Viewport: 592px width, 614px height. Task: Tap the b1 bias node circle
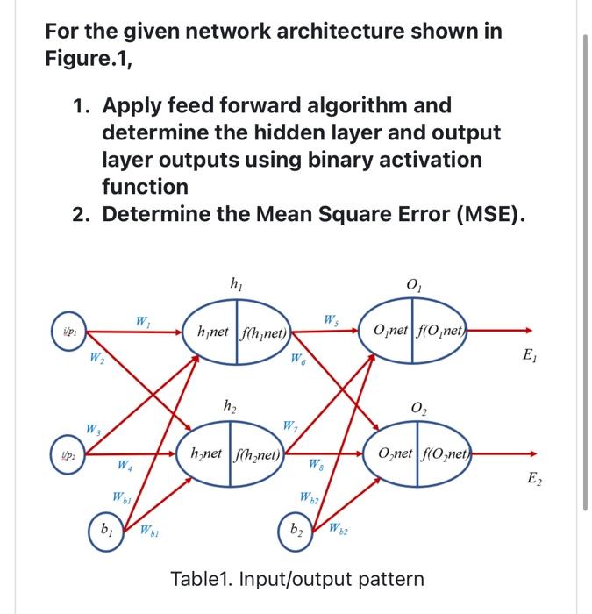coord(105,531)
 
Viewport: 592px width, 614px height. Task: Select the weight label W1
coord(142,323)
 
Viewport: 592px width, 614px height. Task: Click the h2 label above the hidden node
coord(231,405)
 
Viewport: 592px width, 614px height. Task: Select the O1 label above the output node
coord(414,284)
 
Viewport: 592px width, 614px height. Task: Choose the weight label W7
coord(290,427)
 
